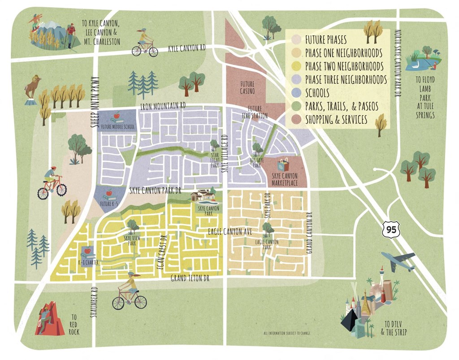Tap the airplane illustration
click(x=398, y=261)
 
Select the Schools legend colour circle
click(x=296, y=93)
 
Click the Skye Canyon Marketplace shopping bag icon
click(x=283, y=164)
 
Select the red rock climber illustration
click(x=46, y=319)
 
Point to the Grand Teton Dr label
click(x=190, y=278)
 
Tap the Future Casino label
click(x=247, y=87)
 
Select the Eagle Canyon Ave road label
click(x=230, y=231)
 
